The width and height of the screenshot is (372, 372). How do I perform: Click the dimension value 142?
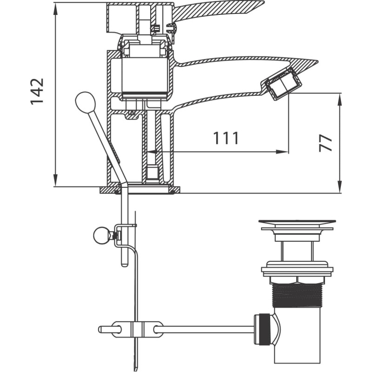37,91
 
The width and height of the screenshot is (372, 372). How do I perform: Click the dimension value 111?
226,138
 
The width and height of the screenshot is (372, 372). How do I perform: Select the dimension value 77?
325,143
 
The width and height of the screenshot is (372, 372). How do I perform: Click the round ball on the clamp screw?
101,235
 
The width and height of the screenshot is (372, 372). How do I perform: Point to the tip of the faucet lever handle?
263,2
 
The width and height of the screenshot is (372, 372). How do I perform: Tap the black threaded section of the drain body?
297,295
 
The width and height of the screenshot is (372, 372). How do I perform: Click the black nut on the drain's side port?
265,329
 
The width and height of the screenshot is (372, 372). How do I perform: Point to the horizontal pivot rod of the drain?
204,329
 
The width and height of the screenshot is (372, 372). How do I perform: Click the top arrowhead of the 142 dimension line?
55,8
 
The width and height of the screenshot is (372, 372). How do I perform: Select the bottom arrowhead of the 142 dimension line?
55,180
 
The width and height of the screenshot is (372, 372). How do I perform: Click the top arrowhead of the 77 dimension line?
340,100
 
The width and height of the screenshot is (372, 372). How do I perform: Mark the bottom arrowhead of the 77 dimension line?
340,187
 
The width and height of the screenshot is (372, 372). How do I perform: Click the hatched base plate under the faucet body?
140,190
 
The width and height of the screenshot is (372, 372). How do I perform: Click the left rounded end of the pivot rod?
100,329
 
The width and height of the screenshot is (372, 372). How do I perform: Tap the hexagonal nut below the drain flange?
297,279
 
